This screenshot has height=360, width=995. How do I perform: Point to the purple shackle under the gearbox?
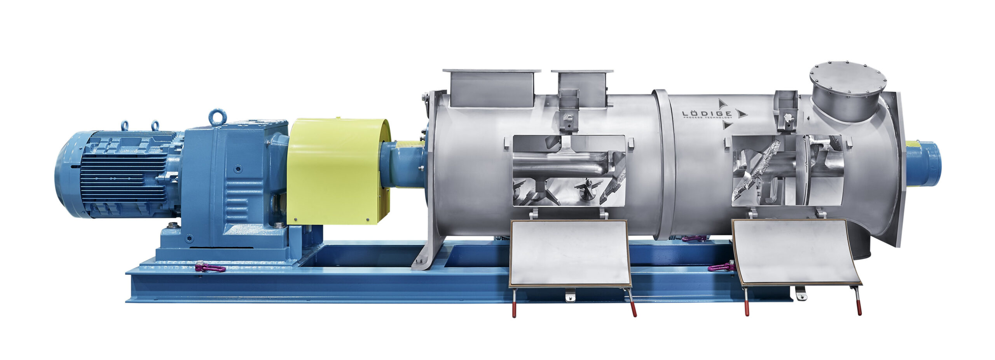[210, 267]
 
